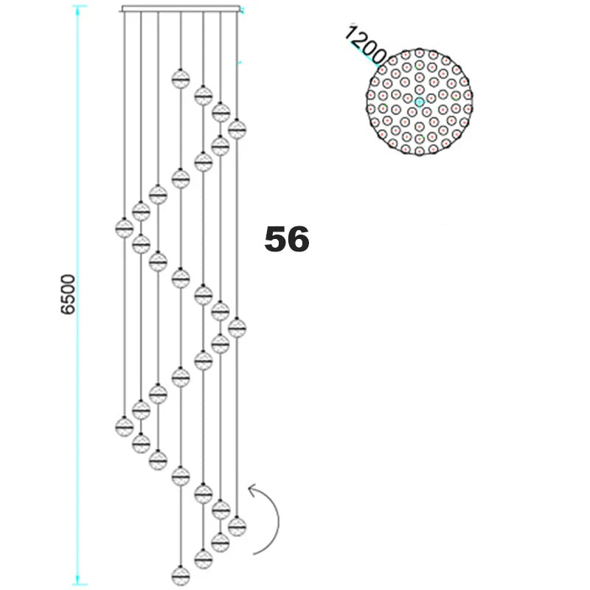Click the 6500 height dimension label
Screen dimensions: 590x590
coord(68,294)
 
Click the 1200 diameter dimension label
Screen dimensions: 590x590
coord(365,45)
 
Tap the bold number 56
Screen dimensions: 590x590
coord(287,239)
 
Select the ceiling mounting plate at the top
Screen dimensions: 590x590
coord(181,9)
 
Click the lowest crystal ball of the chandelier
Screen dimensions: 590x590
coord(181,576)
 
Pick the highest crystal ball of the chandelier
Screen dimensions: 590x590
coord(181,79)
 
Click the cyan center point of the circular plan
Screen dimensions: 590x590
coord(419,102)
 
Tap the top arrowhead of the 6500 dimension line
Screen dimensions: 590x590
coord(77,10)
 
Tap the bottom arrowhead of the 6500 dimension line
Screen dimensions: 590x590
coord(77,580)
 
